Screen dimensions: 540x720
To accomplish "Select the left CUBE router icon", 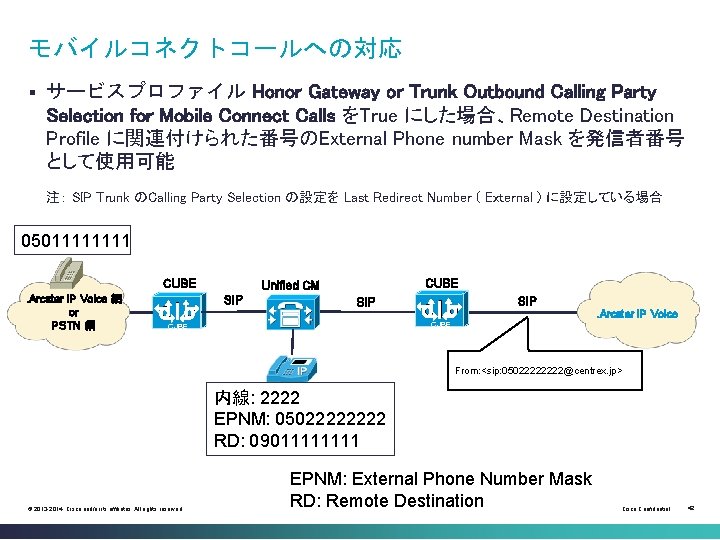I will pyautogui.click(x=180, y=311).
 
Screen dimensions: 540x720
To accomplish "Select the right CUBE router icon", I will pyautogui.click(x=441, y=310).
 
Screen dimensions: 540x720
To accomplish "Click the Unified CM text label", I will pyautogui.click(x=289, y=285).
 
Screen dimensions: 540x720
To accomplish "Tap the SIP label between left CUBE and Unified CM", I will pyautogui.click(x=233, y=300).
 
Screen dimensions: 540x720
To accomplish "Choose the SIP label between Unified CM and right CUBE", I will pyautogui.click(x=367, y=301).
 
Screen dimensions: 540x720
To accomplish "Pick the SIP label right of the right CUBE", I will pyautogui.click(x=527, y=300).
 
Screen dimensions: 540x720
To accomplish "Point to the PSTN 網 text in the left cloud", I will pyautogui.click(x=72, y=325).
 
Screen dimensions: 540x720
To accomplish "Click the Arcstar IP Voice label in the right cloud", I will pyautogui.click(x=637, y=314).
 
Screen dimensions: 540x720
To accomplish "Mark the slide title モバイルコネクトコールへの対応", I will pyautogui.click(x=215, y=47).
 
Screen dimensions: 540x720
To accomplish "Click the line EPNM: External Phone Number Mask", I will pyautogui.click(x=440, y=479).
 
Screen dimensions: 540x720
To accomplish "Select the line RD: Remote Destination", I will pyautogui.click(x=386, y=501).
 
